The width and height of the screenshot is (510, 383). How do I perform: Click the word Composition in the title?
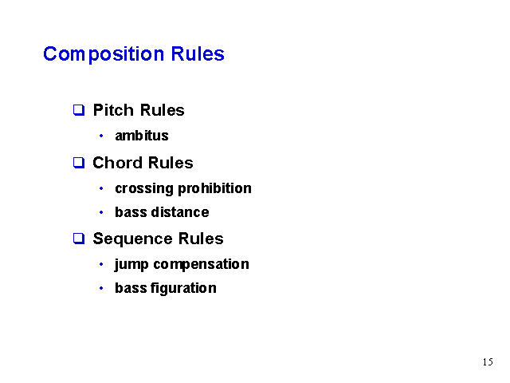click(x=104, y=54)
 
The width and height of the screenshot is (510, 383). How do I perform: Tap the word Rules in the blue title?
click(x=198, y=53)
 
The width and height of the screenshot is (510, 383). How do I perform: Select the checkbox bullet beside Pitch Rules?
click(x=79, y=110)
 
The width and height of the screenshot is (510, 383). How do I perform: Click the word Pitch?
click(x=113, y=110)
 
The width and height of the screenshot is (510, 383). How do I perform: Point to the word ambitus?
click(x=142, y=136)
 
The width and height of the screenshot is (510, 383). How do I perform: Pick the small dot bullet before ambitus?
click(x=101, y=136)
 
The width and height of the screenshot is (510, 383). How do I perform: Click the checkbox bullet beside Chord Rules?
click(x=79, y=163)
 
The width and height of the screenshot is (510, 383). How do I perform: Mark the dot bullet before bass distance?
click(x=101, y=213)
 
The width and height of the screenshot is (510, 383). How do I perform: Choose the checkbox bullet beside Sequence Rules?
click(x=79, y=239)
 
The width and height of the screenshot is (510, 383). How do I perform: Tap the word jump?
click(x=131, y=265)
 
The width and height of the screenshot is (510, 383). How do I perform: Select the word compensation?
click(x=201, y=265)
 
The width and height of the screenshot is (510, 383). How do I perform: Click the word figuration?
click(x=183, y=288)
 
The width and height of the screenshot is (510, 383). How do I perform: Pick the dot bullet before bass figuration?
click(x=101, y=288)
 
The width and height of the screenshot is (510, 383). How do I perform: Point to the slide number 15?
click(x=488, y=361)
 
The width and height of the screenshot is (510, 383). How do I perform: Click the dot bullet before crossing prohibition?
click(x=101, y=188)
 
